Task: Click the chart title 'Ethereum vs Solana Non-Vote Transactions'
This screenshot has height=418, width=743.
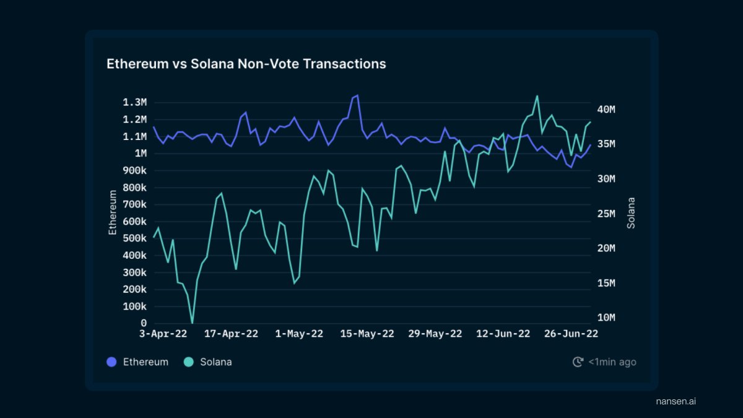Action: [246, 64]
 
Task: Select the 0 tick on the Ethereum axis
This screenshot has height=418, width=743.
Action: [144, 323]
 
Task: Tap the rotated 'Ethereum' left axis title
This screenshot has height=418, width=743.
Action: [113, 212]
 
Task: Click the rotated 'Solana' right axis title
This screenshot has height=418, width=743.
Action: [631, 212]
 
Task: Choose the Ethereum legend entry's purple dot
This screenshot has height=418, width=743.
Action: [111, 362]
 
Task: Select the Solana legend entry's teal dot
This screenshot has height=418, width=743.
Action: [188, 362]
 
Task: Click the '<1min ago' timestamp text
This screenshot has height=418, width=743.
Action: [612, 362]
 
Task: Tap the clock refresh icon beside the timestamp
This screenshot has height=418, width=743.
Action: [578, 362]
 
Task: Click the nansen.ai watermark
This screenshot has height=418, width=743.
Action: [676, 401]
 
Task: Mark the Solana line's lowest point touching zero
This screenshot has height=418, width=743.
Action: [192, 323]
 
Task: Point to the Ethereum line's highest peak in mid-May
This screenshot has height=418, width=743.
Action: [357, 95]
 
